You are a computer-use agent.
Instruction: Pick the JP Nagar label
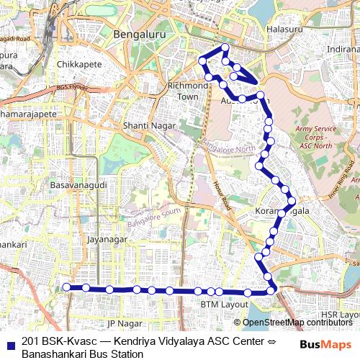(x=120, y=324)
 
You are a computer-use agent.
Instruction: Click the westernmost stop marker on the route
(x=66, y=287)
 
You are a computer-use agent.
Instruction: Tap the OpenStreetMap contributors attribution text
(x=297, y=323)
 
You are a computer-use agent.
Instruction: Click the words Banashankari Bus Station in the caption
(x=83, y=354)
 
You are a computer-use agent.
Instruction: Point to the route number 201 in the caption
(x=30, y=341)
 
